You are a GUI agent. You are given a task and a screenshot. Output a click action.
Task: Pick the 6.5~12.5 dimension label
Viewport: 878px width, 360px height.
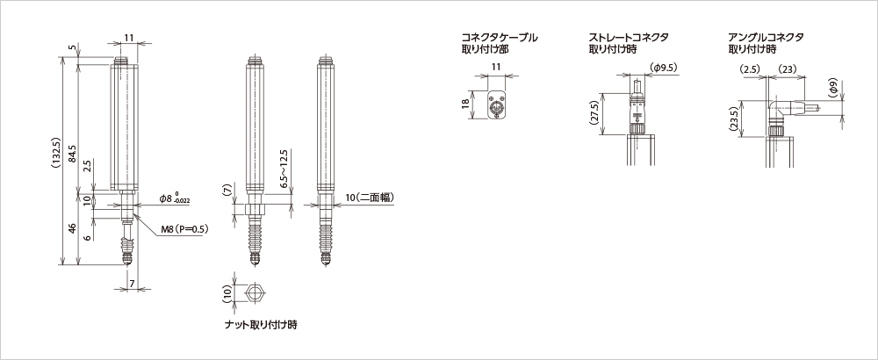[283, 166]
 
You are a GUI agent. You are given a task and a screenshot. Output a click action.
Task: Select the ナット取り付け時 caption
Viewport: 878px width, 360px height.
[262, 325]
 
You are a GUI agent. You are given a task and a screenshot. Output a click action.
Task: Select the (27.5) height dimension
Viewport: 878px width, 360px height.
[594, 112]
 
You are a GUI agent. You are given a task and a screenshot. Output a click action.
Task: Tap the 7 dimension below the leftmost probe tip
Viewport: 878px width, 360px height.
[132, 284]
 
